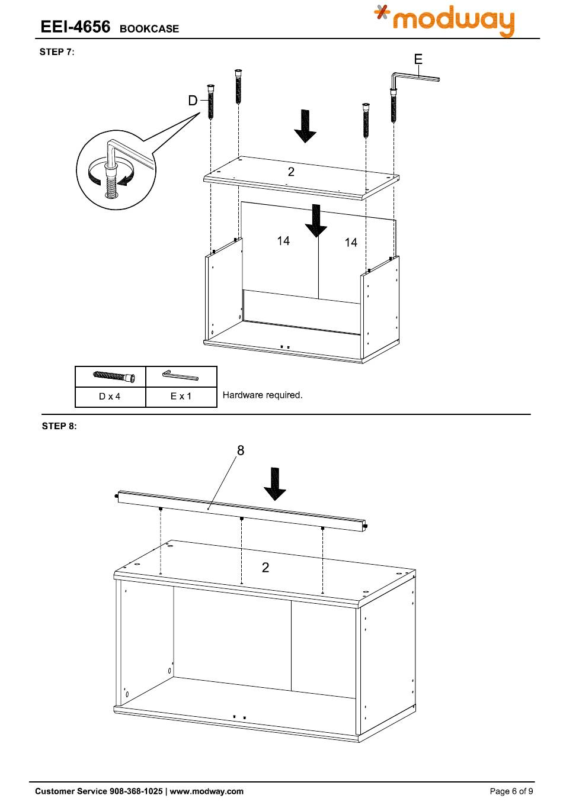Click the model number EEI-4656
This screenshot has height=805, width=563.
[75, 27]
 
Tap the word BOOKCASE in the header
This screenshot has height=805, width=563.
[149, 28]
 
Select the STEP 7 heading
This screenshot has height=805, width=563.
[56, 52]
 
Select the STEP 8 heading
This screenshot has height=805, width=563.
[59, 426]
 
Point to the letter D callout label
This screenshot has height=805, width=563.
[193, 101]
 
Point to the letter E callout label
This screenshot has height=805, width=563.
[418, 59]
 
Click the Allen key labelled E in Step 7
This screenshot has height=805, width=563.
[415, 78]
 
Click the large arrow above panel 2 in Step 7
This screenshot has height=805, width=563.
[305, 125]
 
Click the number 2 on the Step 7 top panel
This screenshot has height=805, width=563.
[291, 172]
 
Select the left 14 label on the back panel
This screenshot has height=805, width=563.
[283, 241]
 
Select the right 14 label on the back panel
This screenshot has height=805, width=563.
[351, 242]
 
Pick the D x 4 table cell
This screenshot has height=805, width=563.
[110, 397]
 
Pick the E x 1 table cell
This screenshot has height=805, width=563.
[181, 396]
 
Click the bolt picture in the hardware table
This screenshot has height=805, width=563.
[114, 376]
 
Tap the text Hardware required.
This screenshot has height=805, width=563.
[263, 395]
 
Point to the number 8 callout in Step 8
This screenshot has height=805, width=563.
[241, 450]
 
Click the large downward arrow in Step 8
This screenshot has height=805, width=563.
[274, 483]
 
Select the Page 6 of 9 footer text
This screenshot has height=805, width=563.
[511, 791]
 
